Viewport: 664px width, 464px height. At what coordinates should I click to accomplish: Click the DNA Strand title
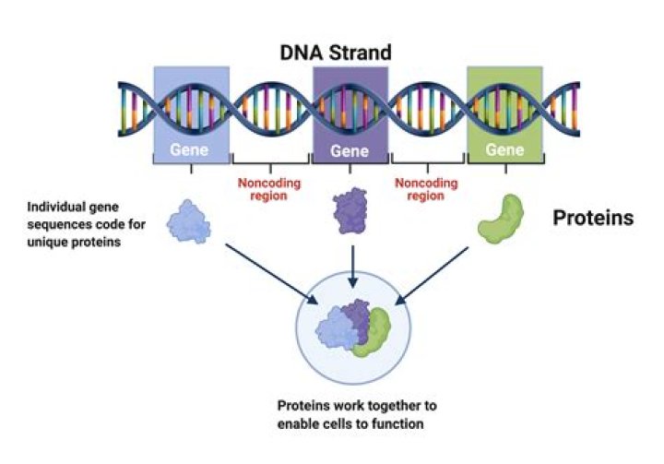[x=336, y=53]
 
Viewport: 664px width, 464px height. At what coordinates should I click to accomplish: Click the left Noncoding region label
[x=269, y=189]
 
